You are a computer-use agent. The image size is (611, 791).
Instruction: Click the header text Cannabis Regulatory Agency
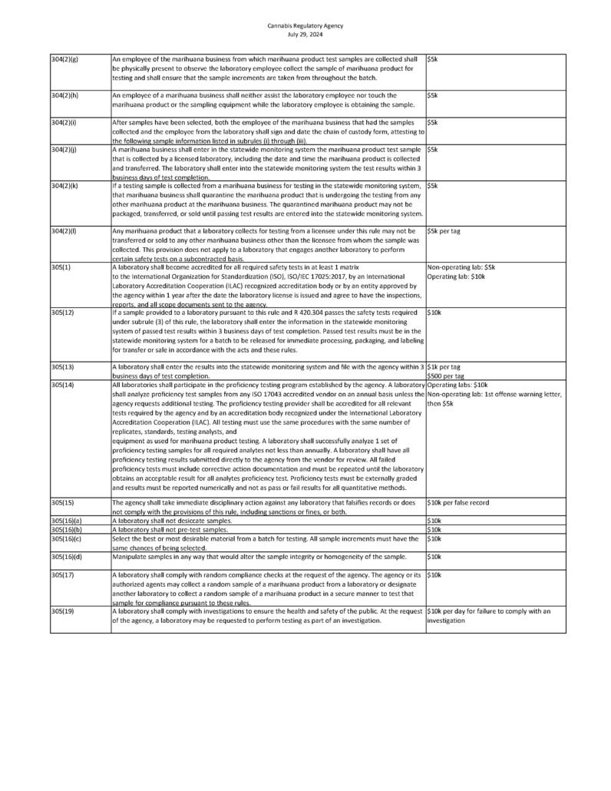click(305, 25)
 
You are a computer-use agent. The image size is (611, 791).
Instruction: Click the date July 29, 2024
click(305, 33)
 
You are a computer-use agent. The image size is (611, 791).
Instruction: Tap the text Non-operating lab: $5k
click(461, 266)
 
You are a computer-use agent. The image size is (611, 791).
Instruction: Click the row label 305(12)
click(61, 313)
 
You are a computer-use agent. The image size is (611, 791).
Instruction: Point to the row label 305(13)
click(61, 367)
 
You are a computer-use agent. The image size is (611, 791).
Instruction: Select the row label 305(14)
click(61, 384)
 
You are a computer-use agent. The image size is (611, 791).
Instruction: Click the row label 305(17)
click(61, 574)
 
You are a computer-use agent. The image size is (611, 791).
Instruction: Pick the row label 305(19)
click(61, 611)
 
